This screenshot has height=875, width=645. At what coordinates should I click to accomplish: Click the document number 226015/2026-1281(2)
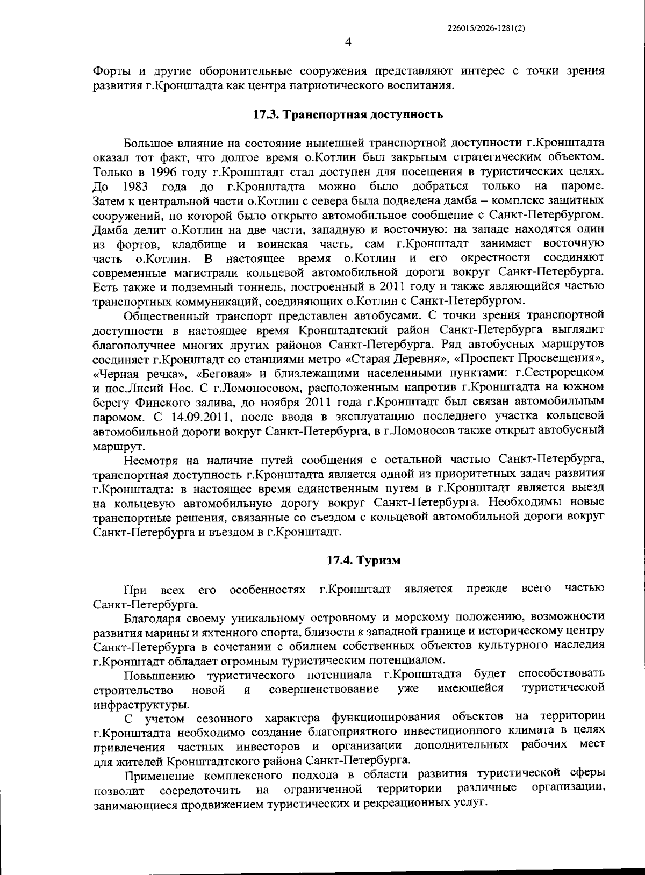pos(485,31)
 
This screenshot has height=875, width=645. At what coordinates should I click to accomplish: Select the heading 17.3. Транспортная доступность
pos(348,114)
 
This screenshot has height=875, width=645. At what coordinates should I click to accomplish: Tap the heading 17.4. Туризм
pos(364,560)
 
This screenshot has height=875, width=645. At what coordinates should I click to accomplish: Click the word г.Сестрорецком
pos(559,372)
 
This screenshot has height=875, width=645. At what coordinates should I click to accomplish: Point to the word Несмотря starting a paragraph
pos(151,459)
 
